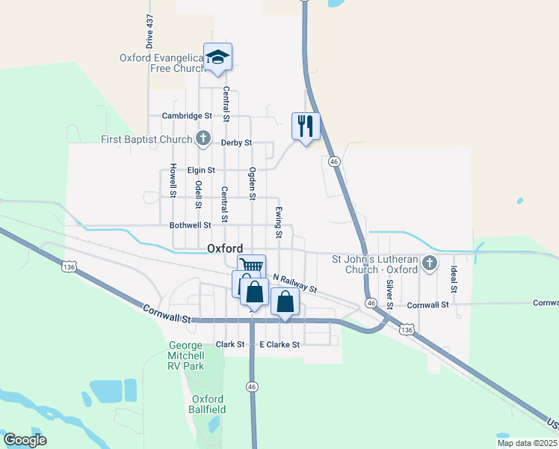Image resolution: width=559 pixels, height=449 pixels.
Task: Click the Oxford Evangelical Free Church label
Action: click(163, 63)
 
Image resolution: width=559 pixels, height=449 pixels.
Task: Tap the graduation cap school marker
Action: click(217, 57)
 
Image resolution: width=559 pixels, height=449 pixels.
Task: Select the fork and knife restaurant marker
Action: click(305, 126)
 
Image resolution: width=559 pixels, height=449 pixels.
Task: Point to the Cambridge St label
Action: click(188, 116)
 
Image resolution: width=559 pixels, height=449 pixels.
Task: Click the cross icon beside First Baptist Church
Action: click(203, 138)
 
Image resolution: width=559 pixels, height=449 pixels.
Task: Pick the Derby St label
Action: click(236, 142)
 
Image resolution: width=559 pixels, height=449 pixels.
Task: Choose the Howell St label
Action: click(173, 180)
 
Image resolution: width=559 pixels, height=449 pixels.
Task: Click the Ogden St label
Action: click(253, 184)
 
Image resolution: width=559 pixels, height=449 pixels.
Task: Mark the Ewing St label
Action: click(279, 223)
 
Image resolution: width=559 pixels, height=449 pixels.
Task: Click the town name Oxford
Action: click(224, 248)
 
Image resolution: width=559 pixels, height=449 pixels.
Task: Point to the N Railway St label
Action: click(295, 284)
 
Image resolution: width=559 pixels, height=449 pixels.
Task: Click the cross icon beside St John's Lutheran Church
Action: click(429, 263)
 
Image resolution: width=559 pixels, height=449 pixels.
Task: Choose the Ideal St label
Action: click(454, 280)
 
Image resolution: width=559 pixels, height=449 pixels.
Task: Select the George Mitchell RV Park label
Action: click(185, 355)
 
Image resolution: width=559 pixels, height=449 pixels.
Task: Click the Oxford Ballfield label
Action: click(209, 404)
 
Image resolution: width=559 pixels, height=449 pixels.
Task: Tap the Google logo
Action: click(25, 440)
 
